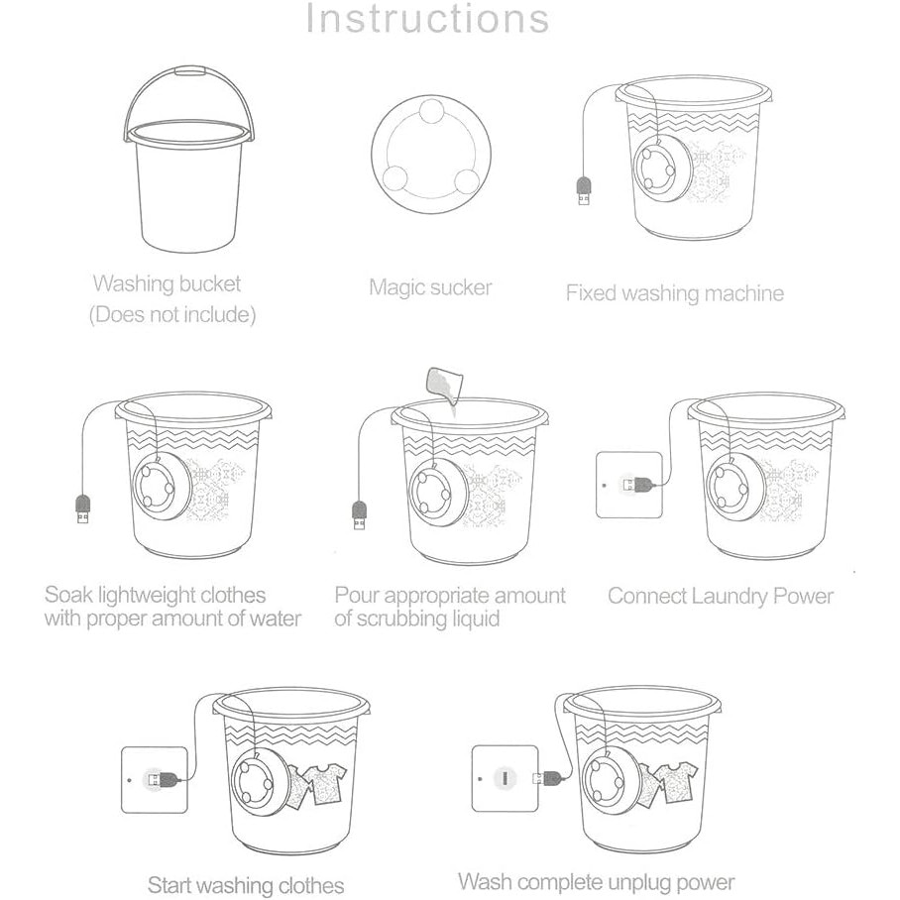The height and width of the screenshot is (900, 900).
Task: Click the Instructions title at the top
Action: (427, 19)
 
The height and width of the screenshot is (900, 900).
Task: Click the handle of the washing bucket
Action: (189, 71)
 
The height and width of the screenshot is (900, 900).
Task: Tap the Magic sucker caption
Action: (430, 287)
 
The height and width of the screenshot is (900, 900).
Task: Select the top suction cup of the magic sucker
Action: (430, 111)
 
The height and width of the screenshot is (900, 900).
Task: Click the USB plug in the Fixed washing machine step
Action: (584, 191)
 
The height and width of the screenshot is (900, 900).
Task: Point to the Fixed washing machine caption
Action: (674, 293)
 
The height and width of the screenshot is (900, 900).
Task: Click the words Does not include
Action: (172, 314)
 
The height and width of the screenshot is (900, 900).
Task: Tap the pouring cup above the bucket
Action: (444, 384)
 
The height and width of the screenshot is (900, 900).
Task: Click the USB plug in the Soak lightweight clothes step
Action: (83, 507)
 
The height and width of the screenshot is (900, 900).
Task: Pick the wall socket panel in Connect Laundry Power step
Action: (629, 485)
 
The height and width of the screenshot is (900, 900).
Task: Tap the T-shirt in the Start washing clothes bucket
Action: (325, 783)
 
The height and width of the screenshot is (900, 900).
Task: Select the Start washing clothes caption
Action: (246, 884)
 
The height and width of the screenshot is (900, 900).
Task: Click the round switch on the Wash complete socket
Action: (505, 778)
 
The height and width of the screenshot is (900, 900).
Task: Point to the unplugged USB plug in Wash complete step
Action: (549, 778)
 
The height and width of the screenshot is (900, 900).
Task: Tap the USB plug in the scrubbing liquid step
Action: (360, 514)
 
